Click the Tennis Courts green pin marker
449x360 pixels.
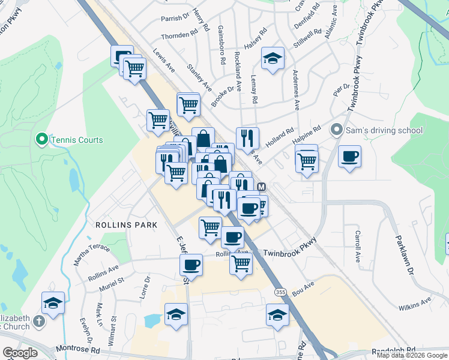tap(41, 140)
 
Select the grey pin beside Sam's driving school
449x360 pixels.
tap(336, 130)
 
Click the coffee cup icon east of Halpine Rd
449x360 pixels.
tap(349, 157)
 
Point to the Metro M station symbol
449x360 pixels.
tap(261, 187)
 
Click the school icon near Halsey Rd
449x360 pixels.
tap(273, 59)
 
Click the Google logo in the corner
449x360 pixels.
tap(20, 352)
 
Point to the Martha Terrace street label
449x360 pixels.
tap(91, 254)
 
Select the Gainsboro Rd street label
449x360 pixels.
tap(221, 49)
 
